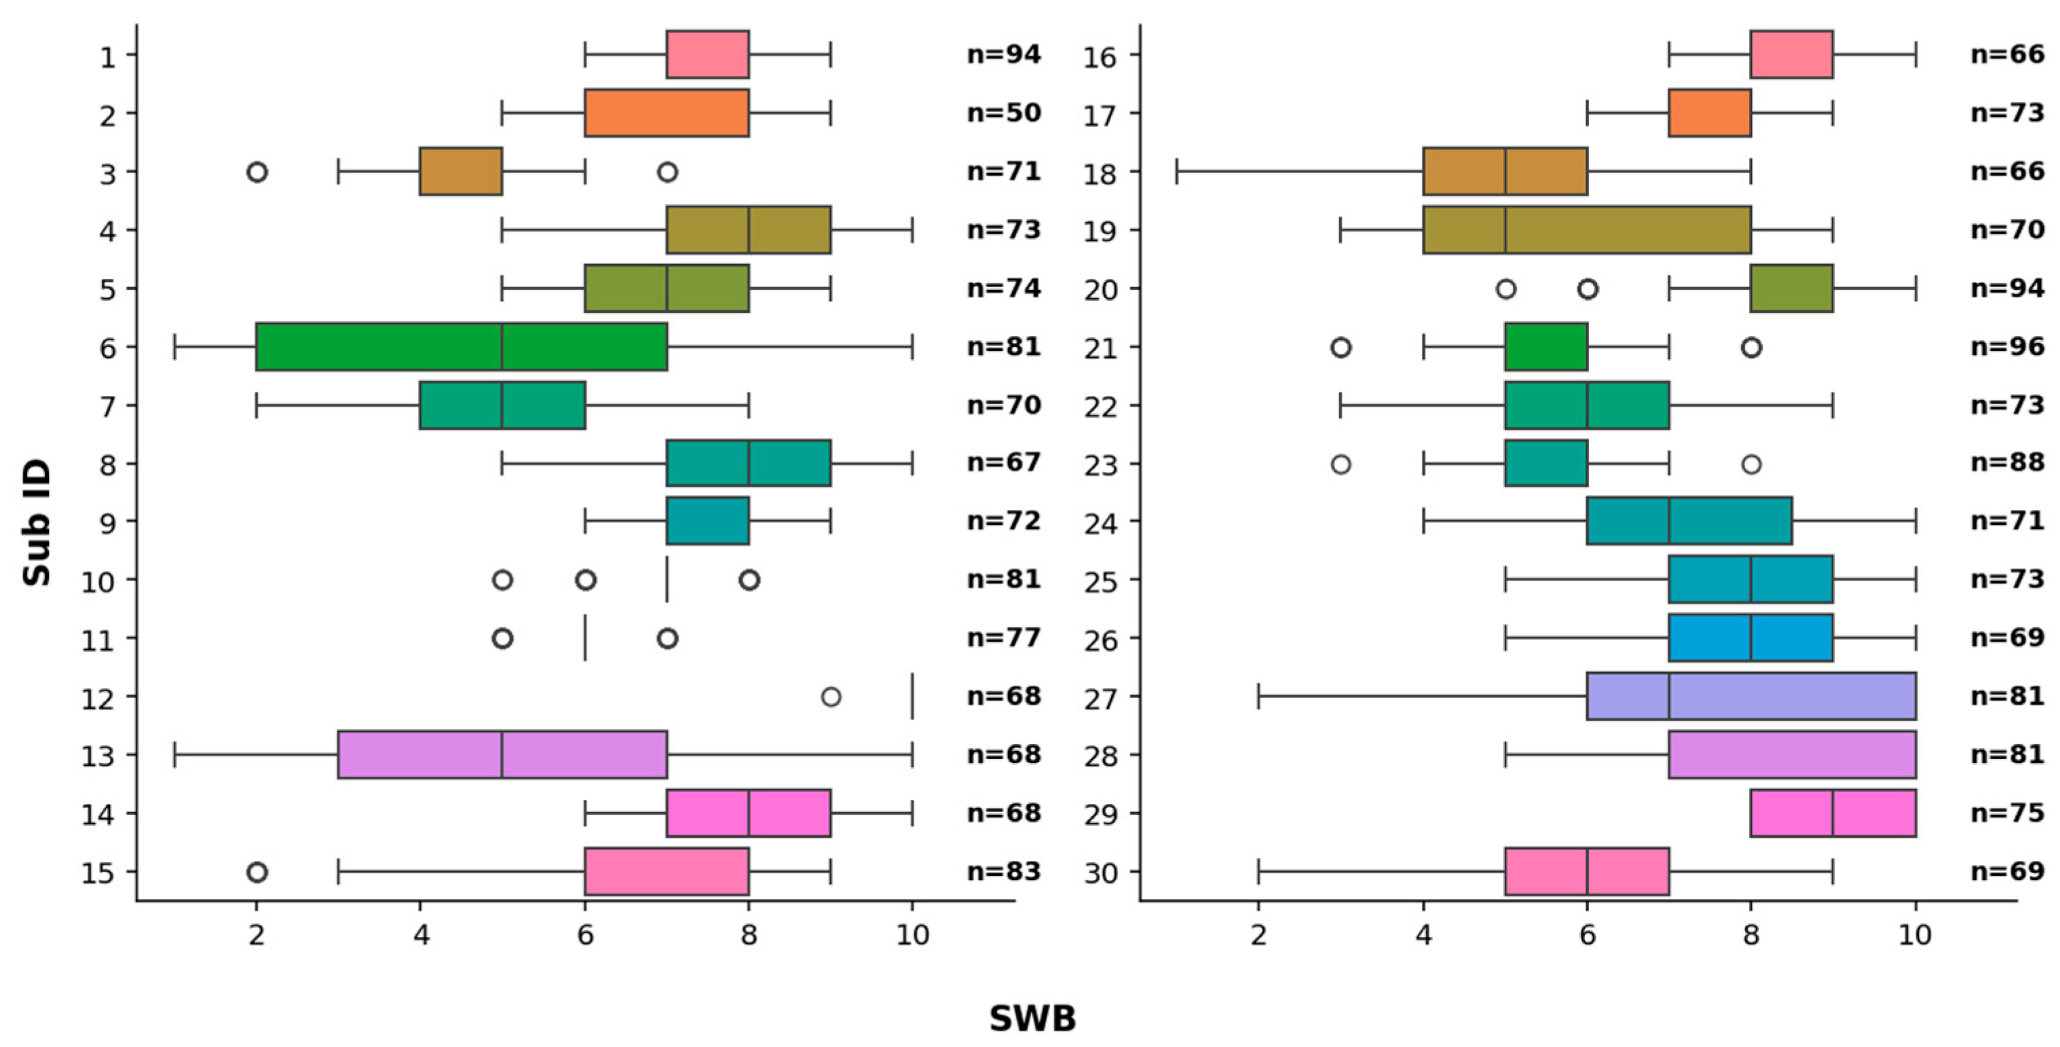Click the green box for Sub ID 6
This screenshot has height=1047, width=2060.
click(462, 346)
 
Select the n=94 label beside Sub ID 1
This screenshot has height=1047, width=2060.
click(1004, 54)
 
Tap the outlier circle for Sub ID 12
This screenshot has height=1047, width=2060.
click(831, 697)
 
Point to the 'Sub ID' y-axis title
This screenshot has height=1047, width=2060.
click(37, 521)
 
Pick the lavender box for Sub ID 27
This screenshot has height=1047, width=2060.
click(1751, 696)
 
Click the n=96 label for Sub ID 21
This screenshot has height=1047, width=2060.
click(2007, 347)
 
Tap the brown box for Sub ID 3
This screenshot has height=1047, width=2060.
click(461, 171)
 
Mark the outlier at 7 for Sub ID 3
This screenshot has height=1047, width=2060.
click(668, 171)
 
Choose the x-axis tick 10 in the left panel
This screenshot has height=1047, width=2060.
click(912, 934)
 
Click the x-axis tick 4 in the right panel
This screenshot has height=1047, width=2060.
click(1423, 934)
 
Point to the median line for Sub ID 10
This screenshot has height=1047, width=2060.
click(667, 580)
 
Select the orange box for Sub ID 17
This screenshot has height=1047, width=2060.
click(1710, 113)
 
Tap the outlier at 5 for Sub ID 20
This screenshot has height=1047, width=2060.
click(1506, 289)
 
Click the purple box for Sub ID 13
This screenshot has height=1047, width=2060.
click(502, 754)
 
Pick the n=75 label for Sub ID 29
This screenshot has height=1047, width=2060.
click(2007, 813)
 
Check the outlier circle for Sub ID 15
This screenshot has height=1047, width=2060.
click(257, 872)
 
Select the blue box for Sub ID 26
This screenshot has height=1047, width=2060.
click(1751, 638)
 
